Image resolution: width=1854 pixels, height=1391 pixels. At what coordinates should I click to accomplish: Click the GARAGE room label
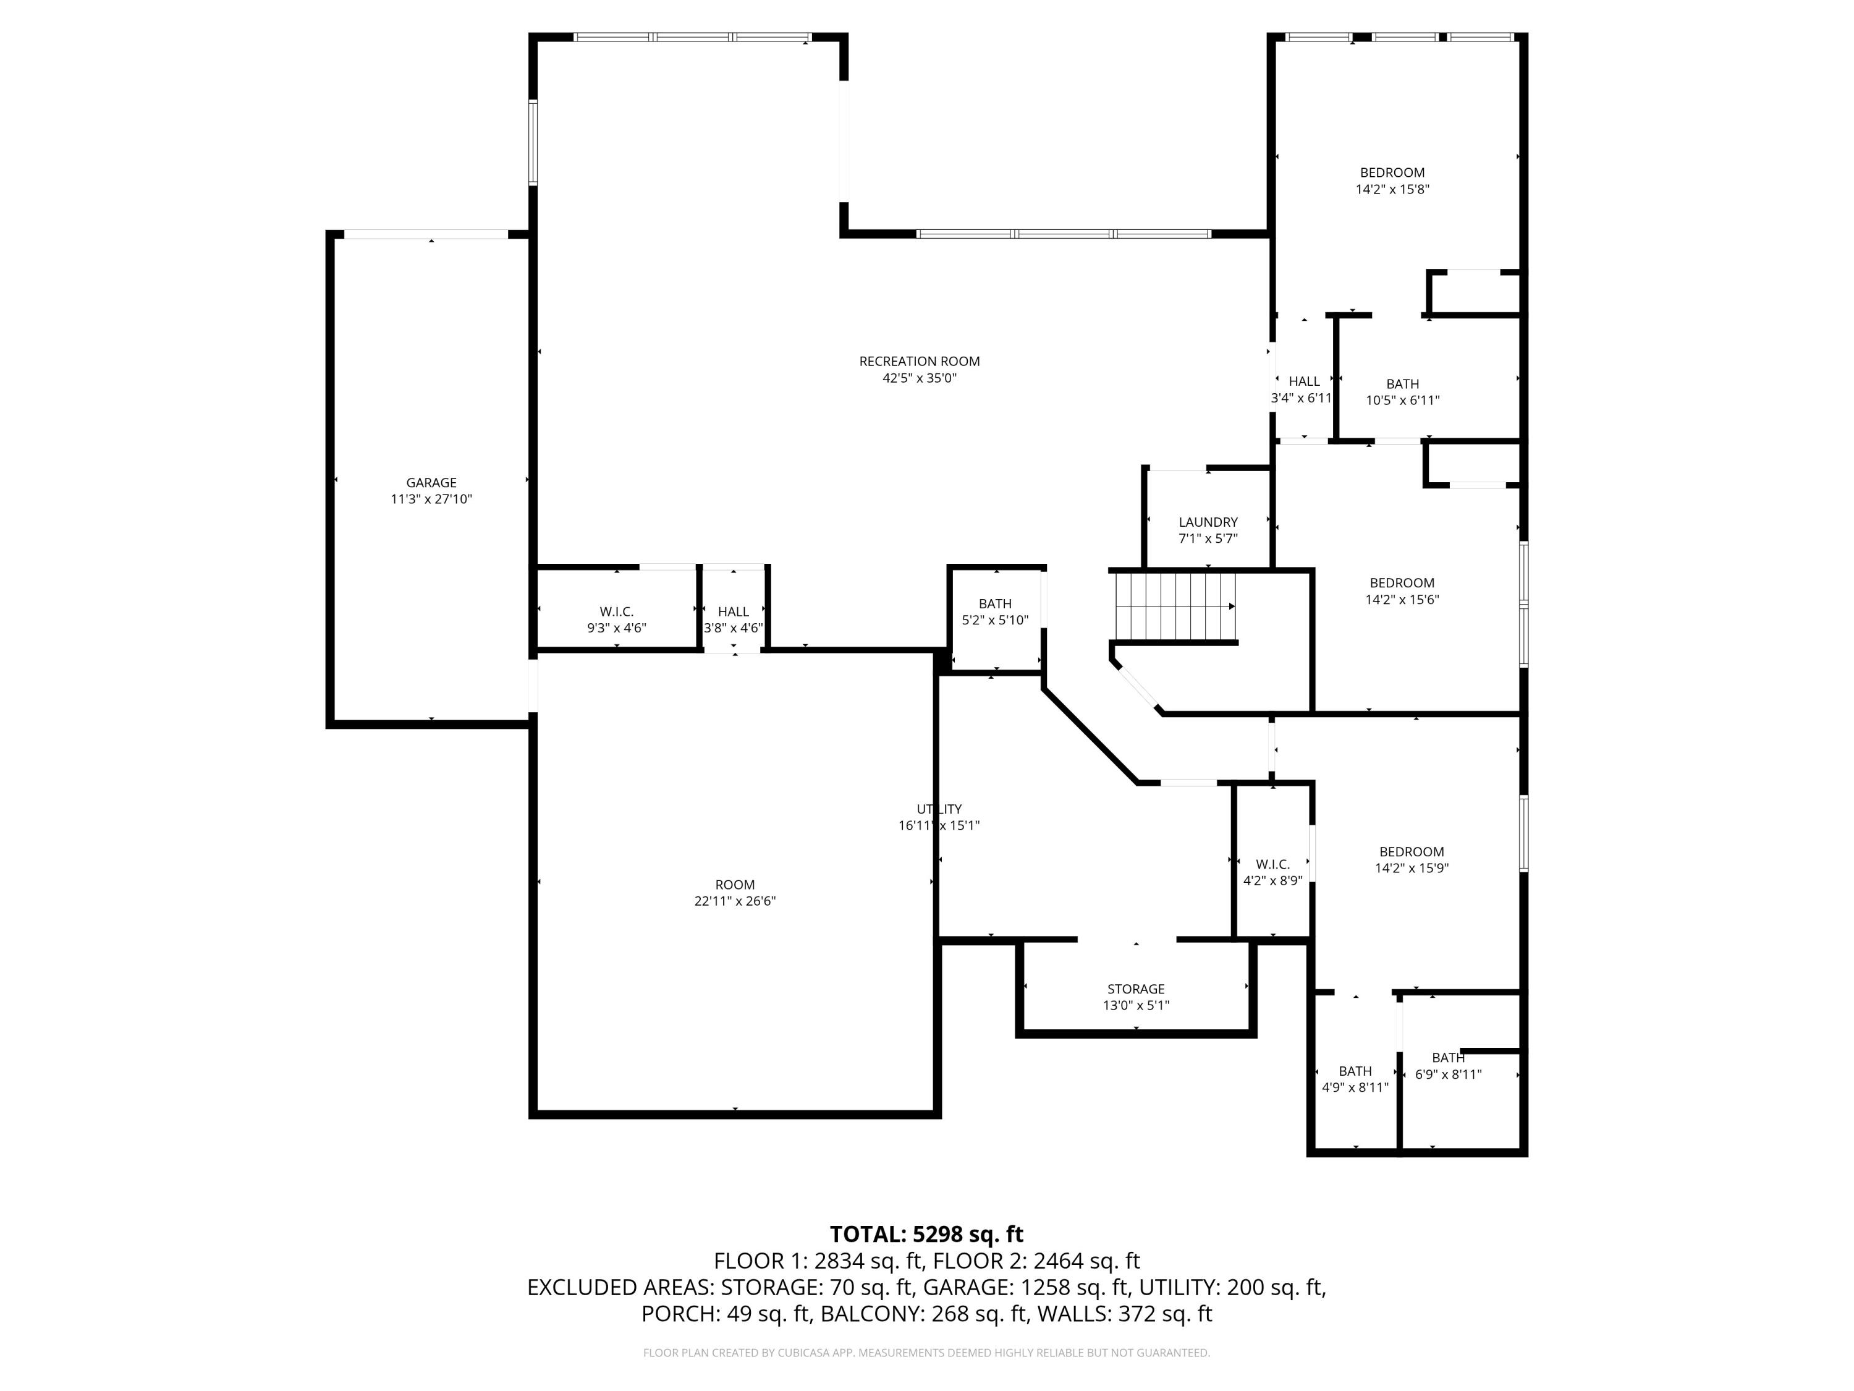click(x=431, y=483)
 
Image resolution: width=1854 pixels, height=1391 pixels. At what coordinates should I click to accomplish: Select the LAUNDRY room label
click(x=1207, y=522)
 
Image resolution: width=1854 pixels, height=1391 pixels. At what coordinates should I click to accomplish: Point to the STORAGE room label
click(x=1136, y=989)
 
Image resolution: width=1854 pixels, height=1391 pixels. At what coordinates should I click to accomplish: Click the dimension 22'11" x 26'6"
click(x=734, y=901)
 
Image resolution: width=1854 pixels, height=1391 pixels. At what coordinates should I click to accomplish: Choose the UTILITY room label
click(x=939, y=809)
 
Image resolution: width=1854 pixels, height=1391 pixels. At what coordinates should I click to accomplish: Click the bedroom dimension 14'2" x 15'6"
click(x=1402, y=600)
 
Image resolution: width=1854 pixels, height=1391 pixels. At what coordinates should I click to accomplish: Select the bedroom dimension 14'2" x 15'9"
click(x=1412, y=869)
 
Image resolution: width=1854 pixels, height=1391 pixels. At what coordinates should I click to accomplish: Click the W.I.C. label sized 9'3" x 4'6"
click(x=616, y=612)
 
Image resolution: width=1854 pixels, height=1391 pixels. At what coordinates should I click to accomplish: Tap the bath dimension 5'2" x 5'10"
click(x=995, y=621)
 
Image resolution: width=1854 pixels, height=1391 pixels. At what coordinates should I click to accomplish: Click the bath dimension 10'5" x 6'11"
click(x=1402, y=401)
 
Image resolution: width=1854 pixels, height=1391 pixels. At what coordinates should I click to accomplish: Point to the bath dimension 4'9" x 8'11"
click(x=1355, y=1087)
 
